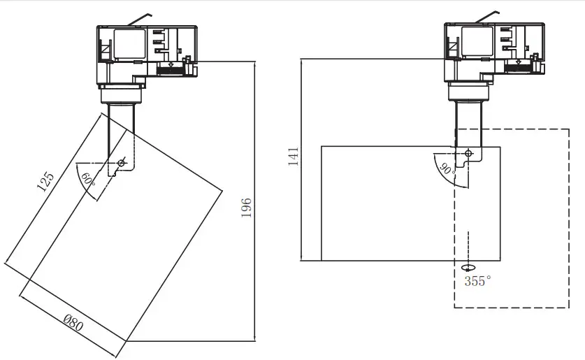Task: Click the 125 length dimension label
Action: tap(45, 182)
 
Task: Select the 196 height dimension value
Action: tap(246, 208)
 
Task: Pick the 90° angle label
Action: tap(446, 168)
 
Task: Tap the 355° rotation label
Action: tap(477, 280)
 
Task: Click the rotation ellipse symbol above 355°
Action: tap(468, 267)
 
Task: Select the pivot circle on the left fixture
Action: tap(122, 163)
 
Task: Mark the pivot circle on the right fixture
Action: tap(468, 153)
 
